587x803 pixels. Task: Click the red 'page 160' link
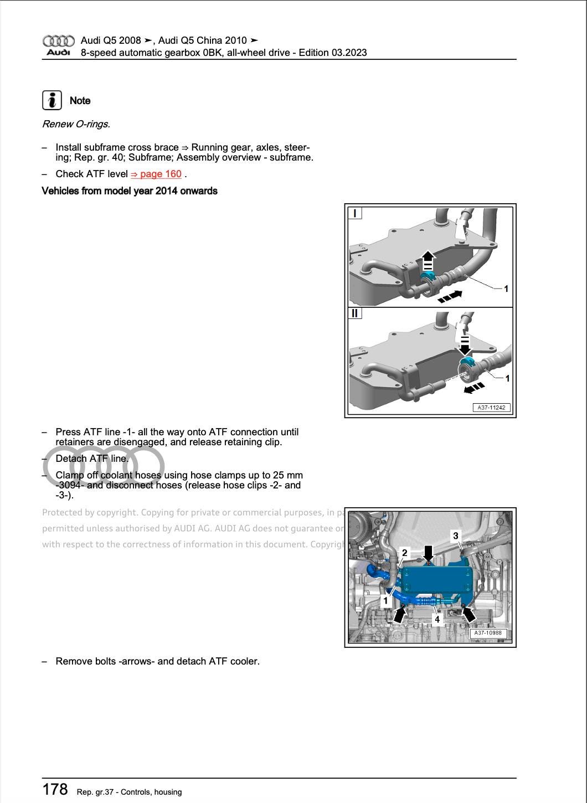coord(156,174)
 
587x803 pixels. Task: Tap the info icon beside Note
coord(52,100)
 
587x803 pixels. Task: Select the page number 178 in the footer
coord(55,789)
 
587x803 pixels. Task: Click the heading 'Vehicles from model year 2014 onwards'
coord(130,191)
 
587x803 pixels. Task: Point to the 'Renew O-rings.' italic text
coord(76,124)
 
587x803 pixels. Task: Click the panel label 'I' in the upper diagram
coord(354,213)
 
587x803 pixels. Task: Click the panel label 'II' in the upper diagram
coord(354,313)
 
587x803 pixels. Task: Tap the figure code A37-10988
coord(488,633)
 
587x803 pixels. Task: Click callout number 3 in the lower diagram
coord(456,536)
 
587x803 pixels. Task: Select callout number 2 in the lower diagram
coord(405,553)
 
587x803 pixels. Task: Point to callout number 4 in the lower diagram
coord(437,620)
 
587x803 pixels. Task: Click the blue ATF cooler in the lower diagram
coord(437,579)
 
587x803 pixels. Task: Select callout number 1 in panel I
coord(506,289)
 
